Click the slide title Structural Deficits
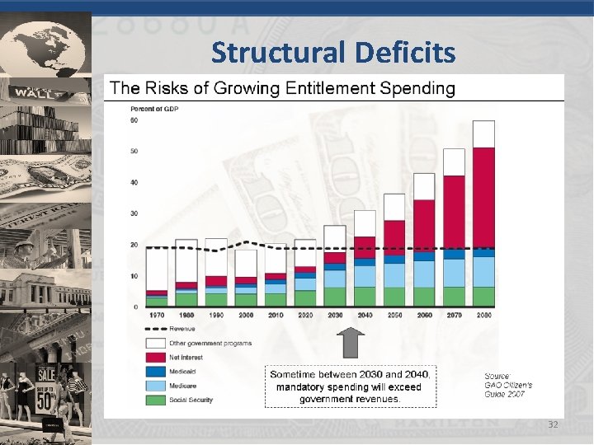click(332, 53)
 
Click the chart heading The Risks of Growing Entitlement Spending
click(282, 87)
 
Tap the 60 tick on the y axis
click(134, 121)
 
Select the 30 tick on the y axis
click(134, 213)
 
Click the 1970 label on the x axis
click(156, 315)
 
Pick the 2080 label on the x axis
click(483, 315)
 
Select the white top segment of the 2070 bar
click(454, 162)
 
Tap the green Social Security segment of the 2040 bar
click(365, 297)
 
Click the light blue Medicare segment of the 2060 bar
click(424, 274)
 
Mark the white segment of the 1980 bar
click(186, 260)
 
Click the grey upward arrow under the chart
click(353, 341)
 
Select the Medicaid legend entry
click(185, 372)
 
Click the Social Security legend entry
click(191, 400)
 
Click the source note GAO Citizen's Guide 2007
click(507, 385)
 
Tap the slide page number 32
click(553, 424)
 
